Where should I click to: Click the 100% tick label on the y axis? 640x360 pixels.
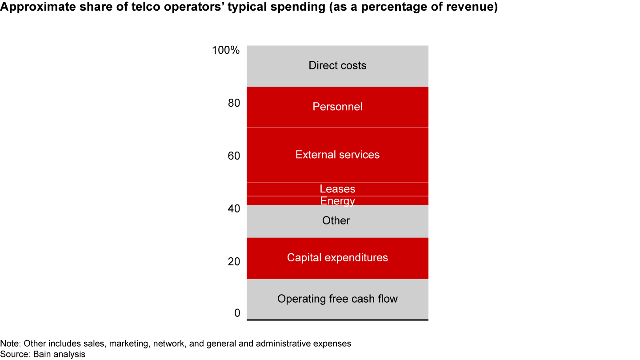tap(226, 50)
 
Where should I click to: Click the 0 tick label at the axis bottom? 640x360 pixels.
tap(237, 313)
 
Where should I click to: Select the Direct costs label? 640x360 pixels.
tap(337, 66)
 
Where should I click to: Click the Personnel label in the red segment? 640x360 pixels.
tap(337, 107)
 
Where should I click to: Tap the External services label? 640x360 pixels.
tap(337, 155)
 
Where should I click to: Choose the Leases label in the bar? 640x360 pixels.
tap(337, 189)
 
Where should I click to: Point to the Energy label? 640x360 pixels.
tap(337, 201)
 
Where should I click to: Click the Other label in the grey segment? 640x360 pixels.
tap(336, 221)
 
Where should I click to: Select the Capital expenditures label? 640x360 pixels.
tap(337, 258)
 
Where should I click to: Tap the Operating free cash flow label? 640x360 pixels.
tap(337, 299)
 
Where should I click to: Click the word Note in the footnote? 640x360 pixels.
tap(8, 344)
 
